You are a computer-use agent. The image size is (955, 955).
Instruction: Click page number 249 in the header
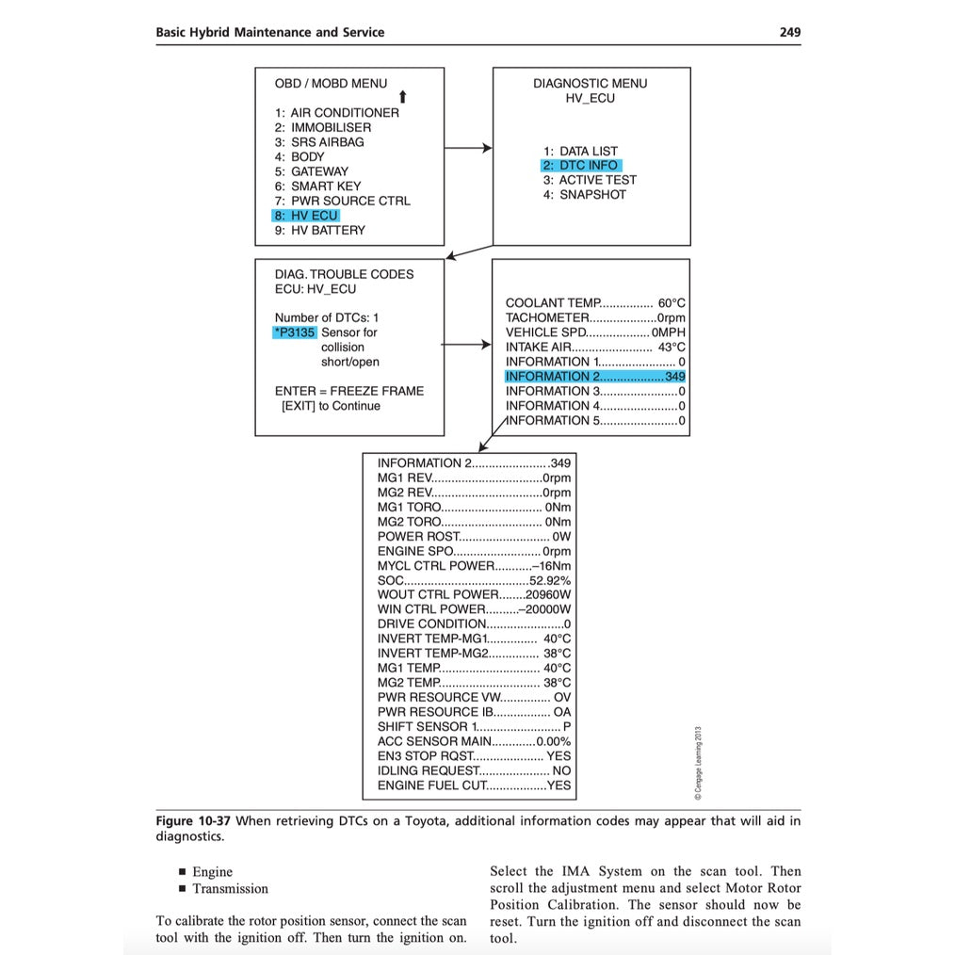pyautogui.click(x=789, y=32)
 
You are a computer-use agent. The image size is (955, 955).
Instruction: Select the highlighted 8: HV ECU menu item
pyautogui.click(x=305, y=216)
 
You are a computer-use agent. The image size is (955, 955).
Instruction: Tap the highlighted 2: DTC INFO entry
pyautogui.click(x=580, y=166)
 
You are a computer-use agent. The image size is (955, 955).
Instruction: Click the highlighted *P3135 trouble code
pyautogui.click(x=295, y=332)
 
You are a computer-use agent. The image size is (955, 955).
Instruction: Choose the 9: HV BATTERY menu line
pyautogui.click(x=319, y=230)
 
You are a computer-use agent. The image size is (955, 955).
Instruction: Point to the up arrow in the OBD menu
pyautogui.click(x=402, y=97)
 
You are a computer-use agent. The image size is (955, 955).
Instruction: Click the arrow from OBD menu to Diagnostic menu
pyautogui.click(x=468, y=148)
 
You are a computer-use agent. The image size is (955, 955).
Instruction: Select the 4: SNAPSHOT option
pyautogui.click(x=584, y=195)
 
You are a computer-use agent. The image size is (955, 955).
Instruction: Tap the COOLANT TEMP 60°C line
pyautogui.click(x=595, y=303)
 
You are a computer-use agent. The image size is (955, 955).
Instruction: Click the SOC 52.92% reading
pyautogui.click(x=474, y=580)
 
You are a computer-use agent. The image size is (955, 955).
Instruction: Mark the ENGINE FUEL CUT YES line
pyautogui.click(x=474, y=785)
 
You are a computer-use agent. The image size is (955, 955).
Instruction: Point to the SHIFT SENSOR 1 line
pyautogui.click(x=474, y=726)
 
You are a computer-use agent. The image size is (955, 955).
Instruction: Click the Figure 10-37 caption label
pyautogui.click(x=193, y=820)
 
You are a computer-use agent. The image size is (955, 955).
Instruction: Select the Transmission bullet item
pyautogui.click(x=230, y=888)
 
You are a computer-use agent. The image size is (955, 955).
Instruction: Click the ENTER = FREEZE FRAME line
pyautogui.click(x=348, y=391)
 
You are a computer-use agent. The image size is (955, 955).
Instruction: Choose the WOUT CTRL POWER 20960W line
pyautogui.click(x=474, y=594)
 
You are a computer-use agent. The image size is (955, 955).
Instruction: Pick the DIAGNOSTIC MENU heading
pyautogui.click(x=590, y=83)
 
